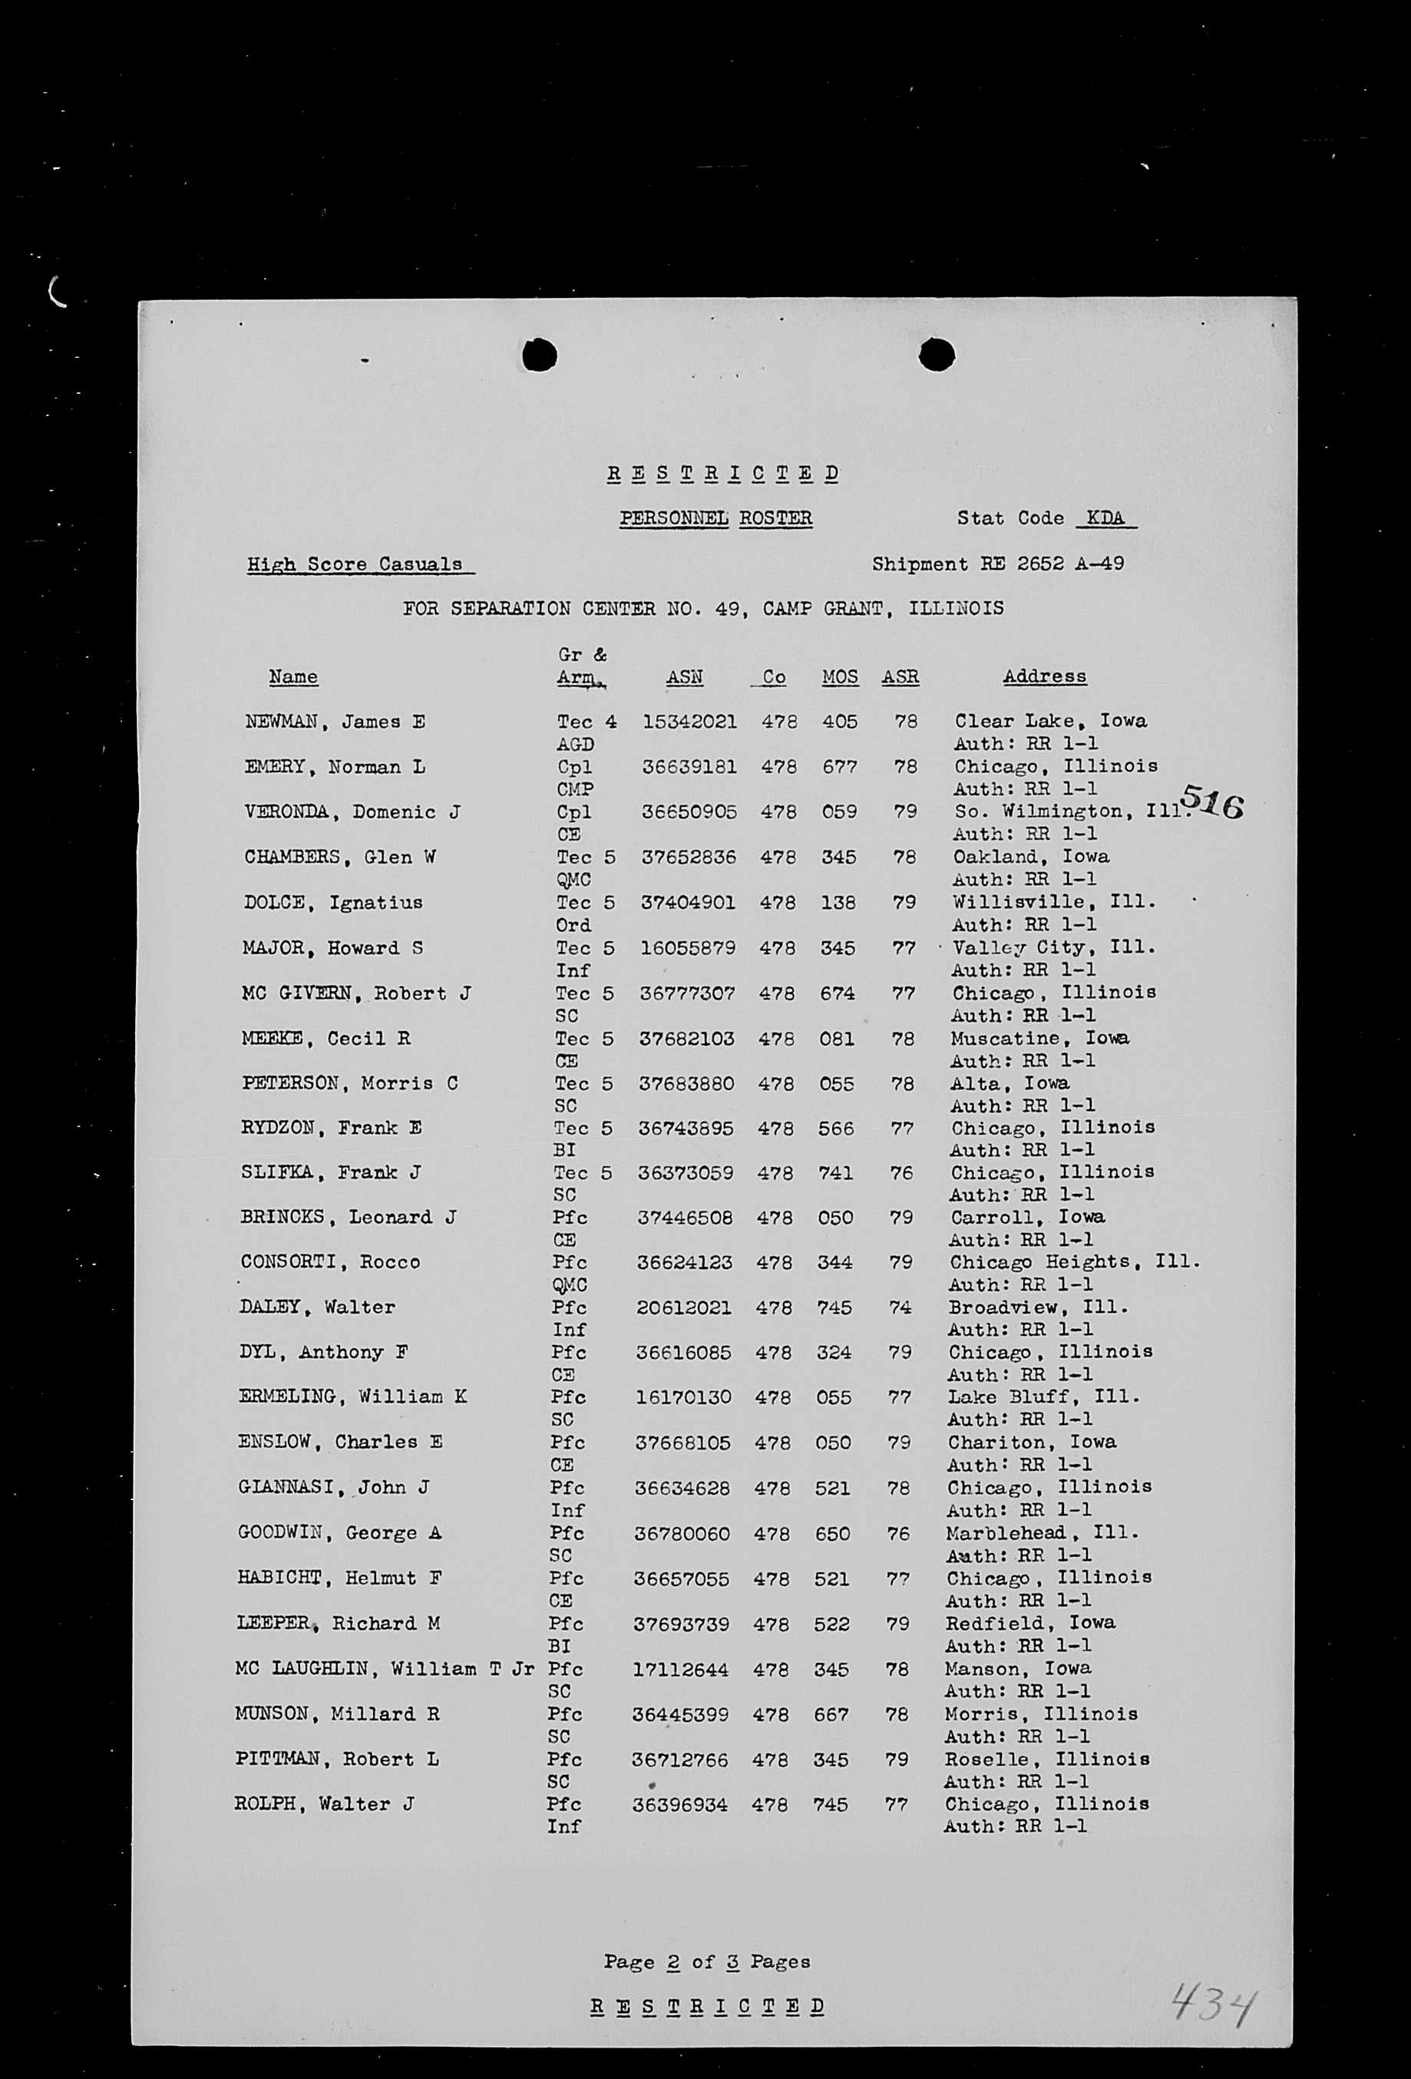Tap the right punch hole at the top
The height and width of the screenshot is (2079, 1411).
937,354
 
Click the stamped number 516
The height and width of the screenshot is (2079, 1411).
1212,801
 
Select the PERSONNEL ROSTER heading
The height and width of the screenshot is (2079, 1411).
715,518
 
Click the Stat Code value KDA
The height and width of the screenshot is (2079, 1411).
1106,518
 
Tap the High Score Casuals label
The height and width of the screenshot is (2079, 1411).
355,564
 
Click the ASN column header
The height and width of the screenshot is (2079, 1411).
685,677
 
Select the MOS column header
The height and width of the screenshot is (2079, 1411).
840,677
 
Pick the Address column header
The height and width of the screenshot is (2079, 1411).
1044,676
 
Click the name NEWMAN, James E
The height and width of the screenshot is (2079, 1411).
335,722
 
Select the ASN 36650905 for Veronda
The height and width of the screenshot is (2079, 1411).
689,812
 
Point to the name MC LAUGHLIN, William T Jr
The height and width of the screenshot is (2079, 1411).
385,1668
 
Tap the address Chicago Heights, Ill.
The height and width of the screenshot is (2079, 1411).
1074,1262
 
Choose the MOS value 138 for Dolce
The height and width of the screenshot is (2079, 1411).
838,903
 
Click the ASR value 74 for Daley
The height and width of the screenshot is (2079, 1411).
900,1307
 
